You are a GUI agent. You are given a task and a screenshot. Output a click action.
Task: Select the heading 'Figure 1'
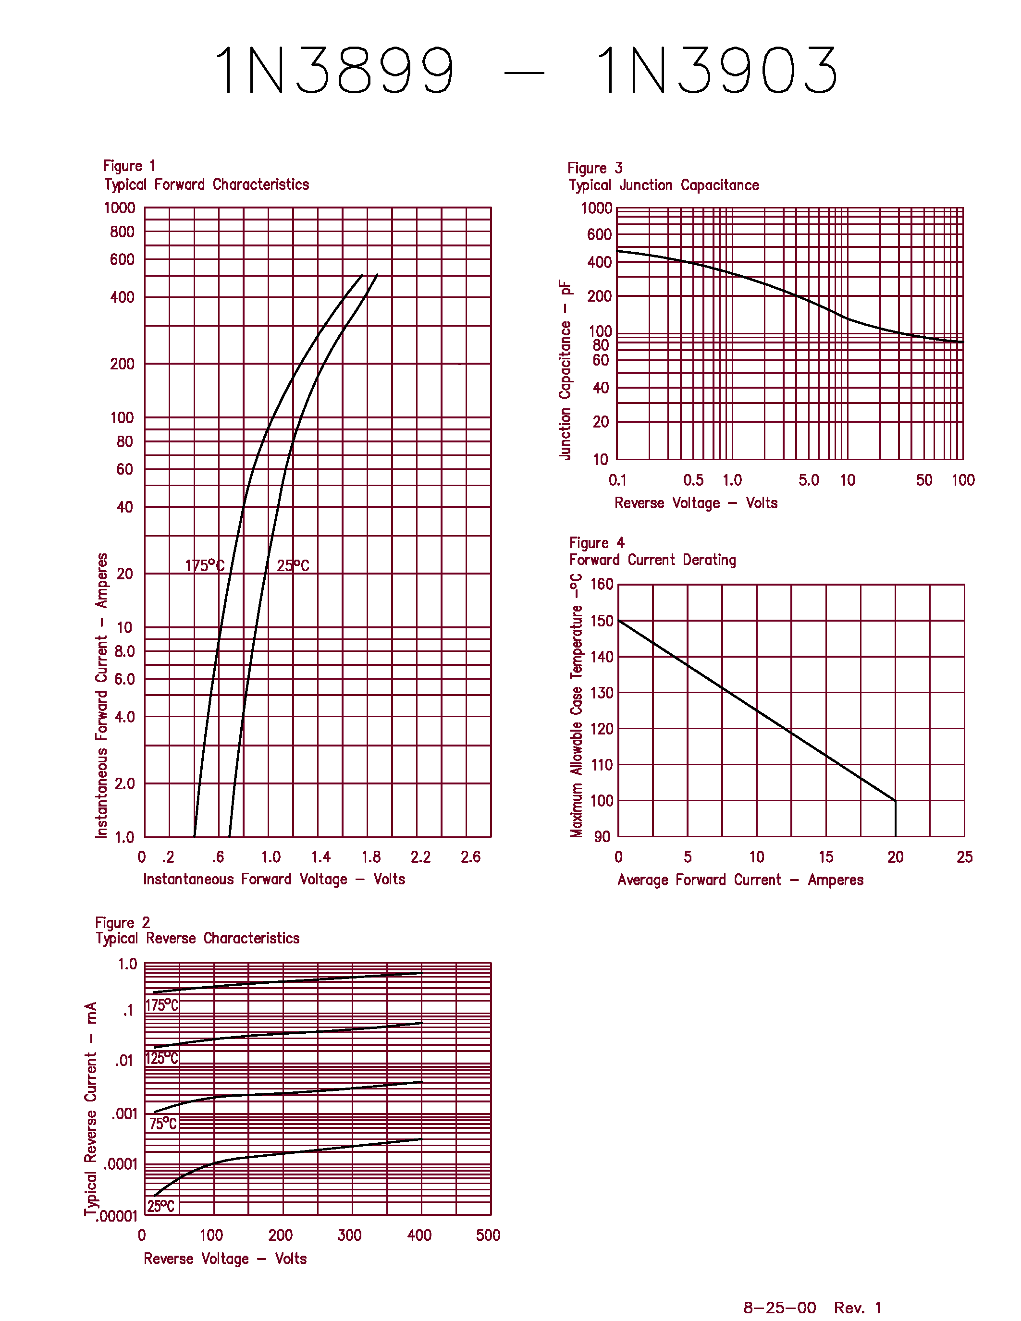coord(129,166)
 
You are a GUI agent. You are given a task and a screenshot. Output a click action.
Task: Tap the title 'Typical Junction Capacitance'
coord(664,185)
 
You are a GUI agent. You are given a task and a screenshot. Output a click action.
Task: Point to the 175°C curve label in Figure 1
coord(205,565)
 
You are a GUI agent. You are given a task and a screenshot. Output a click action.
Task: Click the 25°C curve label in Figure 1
coord(293,565)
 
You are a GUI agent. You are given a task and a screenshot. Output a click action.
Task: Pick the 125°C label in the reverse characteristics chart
coord(161,1059)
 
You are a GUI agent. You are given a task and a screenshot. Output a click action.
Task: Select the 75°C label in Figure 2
coord(163,1124)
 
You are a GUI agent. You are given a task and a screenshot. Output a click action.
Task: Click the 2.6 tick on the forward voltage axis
coord(470,856)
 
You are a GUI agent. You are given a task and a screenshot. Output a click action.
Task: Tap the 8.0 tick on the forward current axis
coord(124,651)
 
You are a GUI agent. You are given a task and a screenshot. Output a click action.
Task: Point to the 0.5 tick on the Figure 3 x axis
coord(693,480)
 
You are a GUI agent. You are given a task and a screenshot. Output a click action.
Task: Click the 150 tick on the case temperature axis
coord(602,621)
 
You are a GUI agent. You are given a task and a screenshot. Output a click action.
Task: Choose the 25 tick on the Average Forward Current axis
coord(964,857)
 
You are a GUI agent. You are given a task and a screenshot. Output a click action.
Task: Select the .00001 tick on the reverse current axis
coord(117,1216)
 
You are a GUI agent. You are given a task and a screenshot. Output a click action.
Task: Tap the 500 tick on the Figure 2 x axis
coord(488,1235)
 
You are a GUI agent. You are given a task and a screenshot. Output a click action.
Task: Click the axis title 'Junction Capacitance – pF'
coord(565,370)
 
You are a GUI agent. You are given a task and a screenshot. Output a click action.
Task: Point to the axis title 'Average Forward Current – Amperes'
coord(740,880)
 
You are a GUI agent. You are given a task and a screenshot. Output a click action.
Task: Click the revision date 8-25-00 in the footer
coord(780,1308)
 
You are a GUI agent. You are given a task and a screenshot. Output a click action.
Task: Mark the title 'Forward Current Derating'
coord(652,560)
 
